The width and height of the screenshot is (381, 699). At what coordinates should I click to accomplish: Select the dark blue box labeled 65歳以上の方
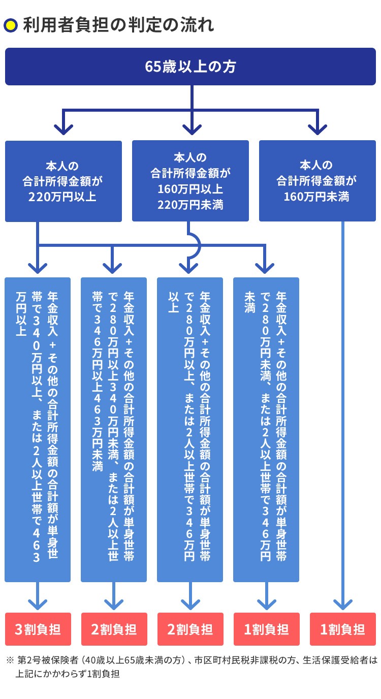(x=190, y=67)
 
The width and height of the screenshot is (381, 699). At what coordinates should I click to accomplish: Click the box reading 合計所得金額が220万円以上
(x=63, y=181)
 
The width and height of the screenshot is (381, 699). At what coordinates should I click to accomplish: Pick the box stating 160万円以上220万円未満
(x=190, y=181)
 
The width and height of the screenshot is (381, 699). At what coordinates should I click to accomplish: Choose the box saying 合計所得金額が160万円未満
(x=317, y=181)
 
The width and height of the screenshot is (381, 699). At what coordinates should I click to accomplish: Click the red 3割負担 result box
(x=38, y=629)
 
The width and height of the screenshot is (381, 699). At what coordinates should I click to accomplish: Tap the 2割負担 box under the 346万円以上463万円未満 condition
(x=114, y=629)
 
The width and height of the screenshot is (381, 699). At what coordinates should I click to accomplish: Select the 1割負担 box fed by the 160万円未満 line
(x=343, y=629)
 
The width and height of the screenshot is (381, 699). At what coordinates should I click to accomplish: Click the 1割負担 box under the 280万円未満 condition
(x=266, y=629)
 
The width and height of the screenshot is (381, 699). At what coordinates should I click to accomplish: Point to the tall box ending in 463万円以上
(x=38, y=429)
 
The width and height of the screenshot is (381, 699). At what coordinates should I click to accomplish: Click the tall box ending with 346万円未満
(x=266, y=429)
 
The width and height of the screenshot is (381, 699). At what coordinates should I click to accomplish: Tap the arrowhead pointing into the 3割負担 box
(x=38, y=603)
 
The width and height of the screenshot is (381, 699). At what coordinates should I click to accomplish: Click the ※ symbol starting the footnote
(x=10, y=661)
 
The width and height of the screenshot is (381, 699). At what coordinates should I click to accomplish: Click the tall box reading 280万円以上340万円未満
(x=114, y=429)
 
